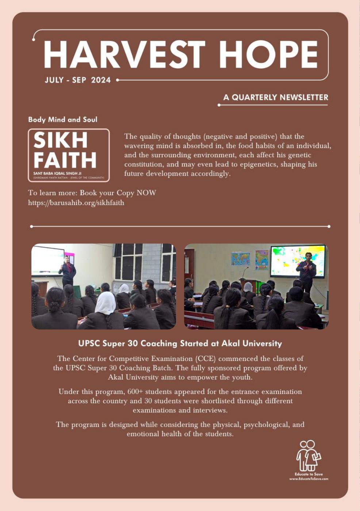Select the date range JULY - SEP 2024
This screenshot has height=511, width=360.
77,80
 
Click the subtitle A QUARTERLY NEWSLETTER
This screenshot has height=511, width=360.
276,97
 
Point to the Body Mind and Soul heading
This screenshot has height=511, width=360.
63,119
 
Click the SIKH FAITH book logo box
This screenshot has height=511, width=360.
69,155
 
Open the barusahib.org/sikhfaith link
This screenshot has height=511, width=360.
76,203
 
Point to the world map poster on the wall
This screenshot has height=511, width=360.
240,259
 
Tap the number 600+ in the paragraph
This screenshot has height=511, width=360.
135,392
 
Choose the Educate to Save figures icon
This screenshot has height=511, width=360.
309,456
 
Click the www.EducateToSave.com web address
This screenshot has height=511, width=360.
309,479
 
